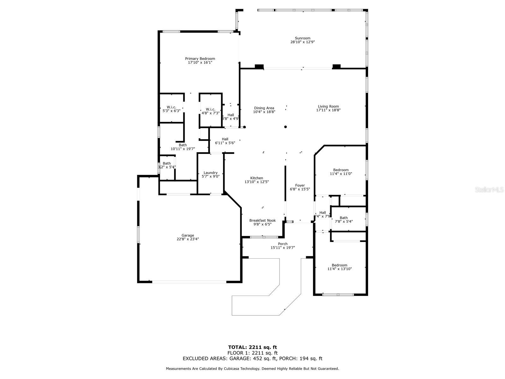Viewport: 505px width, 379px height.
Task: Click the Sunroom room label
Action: [302, 38]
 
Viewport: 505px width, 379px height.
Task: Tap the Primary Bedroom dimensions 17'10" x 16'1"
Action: [200, 63]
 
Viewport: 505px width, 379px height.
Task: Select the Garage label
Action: [187, 235]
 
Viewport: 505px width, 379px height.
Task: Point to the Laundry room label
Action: [211, 173]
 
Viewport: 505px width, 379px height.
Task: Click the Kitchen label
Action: [256, 178]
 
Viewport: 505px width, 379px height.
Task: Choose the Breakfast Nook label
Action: [262, 220]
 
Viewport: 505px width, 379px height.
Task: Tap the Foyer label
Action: [300, 185]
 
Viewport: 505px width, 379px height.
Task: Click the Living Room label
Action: [328, 106]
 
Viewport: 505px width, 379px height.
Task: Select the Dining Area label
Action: [264, 108]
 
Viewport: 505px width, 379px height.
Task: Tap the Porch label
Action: [282, 244]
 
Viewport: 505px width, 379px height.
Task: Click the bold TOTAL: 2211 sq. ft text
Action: [252, 347]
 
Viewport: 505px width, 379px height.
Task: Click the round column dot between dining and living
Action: [285, 127]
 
